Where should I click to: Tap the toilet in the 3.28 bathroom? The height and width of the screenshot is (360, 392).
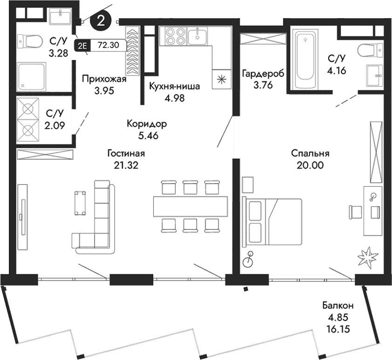click(30, 42)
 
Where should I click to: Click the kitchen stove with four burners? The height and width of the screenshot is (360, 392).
click(173, 36)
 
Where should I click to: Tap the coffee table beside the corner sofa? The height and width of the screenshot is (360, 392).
click(80, 202)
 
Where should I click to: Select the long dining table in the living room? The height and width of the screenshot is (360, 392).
click(190, 205)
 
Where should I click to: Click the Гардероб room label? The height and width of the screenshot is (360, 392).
click(263, 73)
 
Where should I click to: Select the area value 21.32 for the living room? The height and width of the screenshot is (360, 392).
click(126, 164)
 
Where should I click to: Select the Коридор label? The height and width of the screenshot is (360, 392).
click(147, 125)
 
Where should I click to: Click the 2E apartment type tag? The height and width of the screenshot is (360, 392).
click(83, 45)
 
